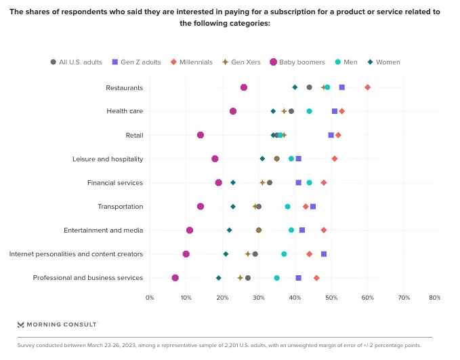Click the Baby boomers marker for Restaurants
(x=244, y=87)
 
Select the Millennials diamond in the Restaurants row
(x=368, y=87)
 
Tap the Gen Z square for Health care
(x=335, y=111)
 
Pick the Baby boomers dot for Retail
(x=201, y=135)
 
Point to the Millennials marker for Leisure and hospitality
(x=335, y=159)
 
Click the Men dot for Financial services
(x=310, y=182)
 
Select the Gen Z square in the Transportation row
(x=313, y=206)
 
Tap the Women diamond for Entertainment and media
(x=230, y=231)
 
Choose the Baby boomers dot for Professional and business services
(x=175, y=278)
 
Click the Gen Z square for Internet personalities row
(x=324, y=254)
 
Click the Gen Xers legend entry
(x=243, y=62)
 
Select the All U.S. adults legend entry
(x=76, y=62)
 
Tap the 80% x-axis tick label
(x=435, y=298)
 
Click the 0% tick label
(x=150, y=298)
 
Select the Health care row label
(x=125, y=111)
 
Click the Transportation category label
(x=121, y=206)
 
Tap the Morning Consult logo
(x=57, y=325)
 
